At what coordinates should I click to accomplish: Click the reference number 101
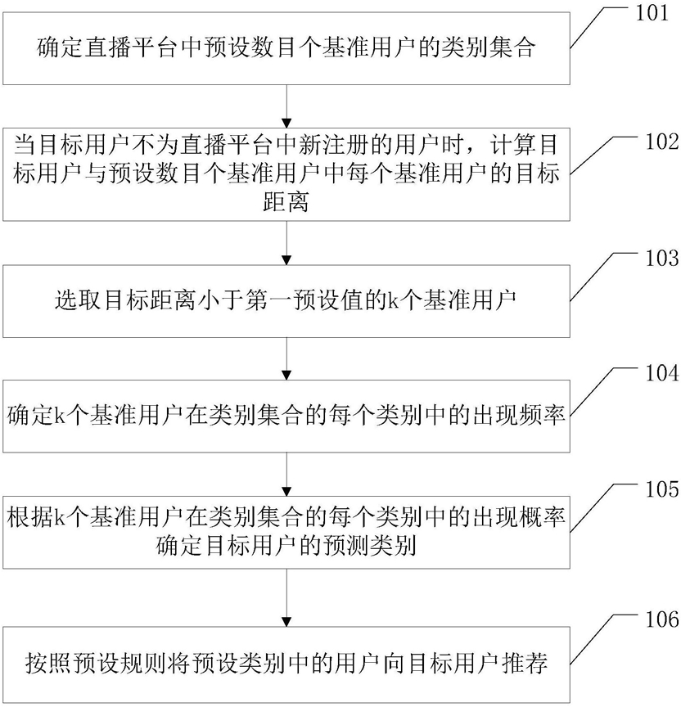click(652, 13)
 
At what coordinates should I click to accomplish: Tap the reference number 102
click(662, 142)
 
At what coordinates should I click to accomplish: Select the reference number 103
click(662, 258)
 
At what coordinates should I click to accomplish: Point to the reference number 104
click(662, 373)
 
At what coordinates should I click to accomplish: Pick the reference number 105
click(662, 489)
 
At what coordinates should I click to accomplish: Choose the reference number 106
click(662, 619)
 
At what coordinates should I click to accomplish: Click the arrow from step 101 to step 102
click(286, 106)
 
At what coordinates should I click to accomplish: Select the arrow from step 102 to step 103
click(286, 243)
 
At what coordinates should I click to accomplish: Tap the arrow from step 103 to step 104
click(286, 359)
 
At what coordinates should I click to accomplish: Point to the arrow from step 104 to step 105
click(286, 475)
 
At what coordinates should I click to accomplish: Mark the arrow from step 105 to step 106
click(286, 597)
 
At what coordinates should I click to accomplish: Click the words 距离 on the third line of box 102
click(286, 201)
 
